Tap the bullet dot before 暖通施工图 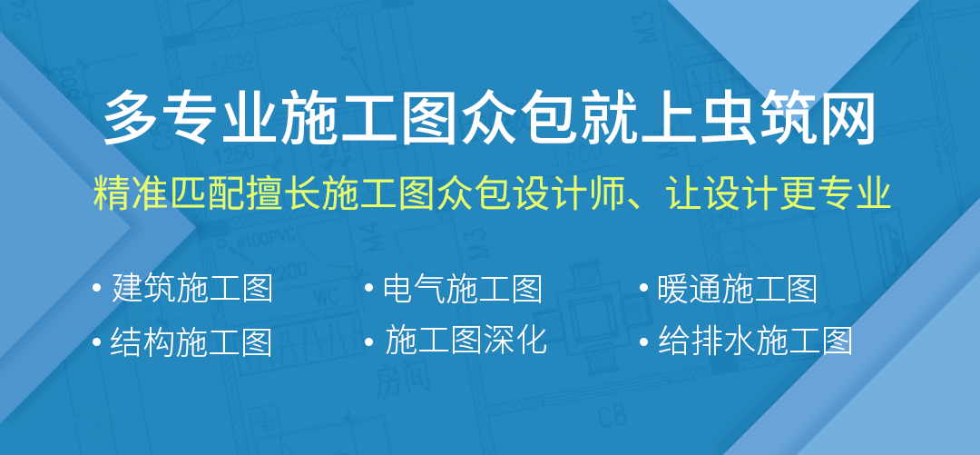[644, 289]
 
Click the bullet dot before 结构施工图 [97, 341]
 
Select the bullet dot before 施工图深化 [370, 341]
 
